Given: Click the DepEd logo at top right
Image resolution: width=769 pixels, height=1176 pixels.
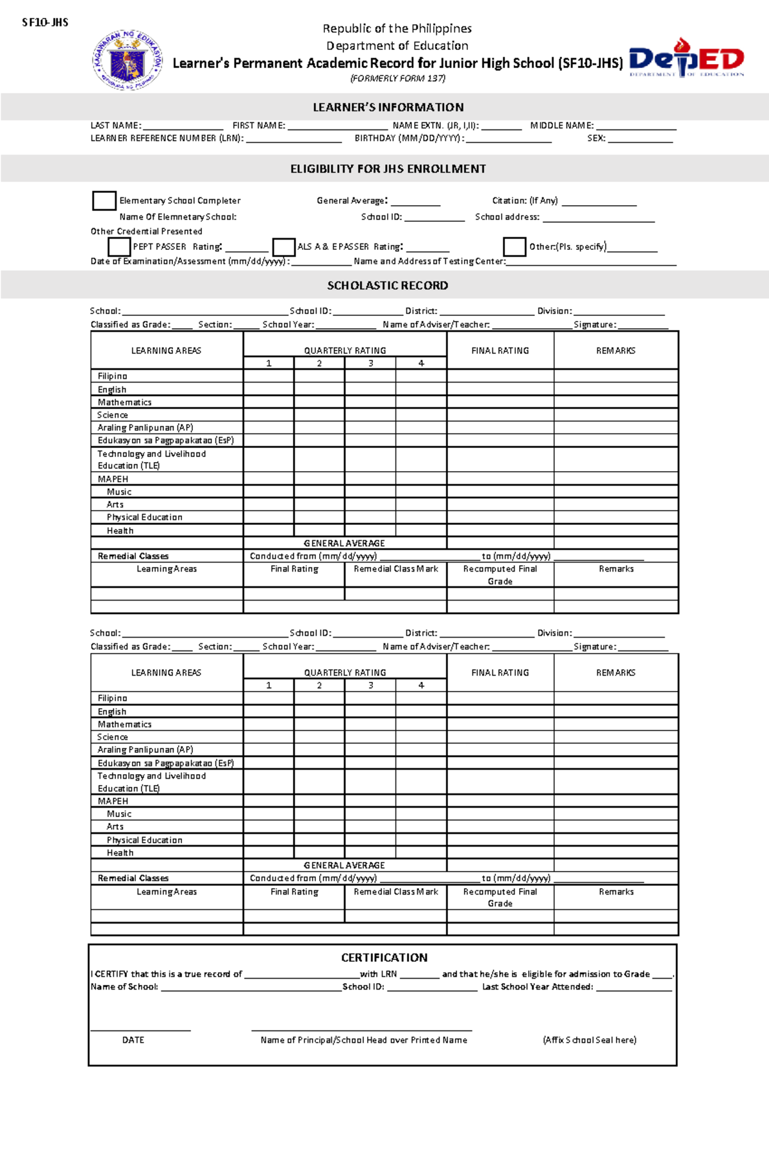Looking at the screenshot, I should (x=686, y=59).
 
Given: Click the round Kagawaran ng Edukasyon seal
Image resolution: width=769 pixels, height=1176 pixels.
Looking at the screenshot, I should (x=127, y=60).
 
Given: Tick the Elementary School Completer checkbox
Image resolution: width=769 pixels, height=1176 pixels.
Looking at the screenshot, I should (x=104, y=201).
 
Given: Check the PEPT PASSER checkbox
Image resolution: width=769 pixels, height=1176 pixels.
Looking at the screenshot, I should (x=119, y=247).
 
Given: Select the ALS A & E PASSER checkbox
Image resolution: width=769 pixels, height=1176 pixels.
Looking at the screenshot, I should (x=283, y=247).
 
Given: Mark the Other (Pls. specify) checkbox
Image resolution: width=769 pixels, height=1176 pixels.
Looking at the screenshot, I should (x=514, y=247).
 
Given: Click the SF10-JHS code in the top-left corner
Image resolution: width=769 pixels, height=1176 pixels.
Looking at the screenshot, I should (x=45, y=22).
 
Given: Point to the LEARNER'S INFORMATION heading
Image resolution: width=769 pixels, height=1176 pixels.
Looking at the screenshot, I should (x=388, y=107).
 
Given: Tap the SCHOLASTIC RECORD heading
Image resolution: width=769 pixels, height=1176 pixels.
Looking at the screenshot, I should (x=387, y=285).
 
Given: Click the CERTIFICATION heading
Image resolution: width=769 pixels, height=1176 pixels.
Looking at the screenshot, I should (x=384, y=957).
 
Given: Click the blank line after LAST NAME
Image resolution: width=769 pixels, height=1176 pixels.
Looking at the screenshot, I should (x=183, y=127).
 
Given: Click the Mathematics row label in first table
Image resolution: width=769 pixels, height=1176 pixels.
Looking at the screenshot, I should (x=125, y=402).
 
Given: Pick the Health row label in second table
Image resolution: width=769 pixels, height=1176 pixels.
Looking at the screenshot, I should (x=120, y=853).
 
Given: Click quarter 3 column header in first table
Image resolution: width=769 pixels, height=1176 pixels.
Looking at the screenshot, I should (x=370, y=363).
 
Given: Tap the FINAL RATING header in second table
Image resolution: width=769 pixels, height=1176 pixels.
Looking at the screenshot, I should (x=500, y=673).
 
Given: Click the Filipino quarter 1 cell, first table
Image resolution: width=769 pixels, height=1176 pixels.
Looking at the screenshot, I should (x=269, y=376).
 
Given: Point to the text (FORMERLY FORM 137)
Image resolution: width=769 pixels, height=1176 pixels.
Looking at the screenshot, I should (x=397, y=78).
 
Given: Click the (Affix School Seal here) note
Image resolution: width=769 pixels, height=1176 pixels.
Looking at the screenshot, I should (x=589, y=1040).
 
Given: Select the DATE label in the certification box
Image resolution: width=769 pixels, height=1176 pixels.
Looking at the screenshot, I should (x=133, y=1040).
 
